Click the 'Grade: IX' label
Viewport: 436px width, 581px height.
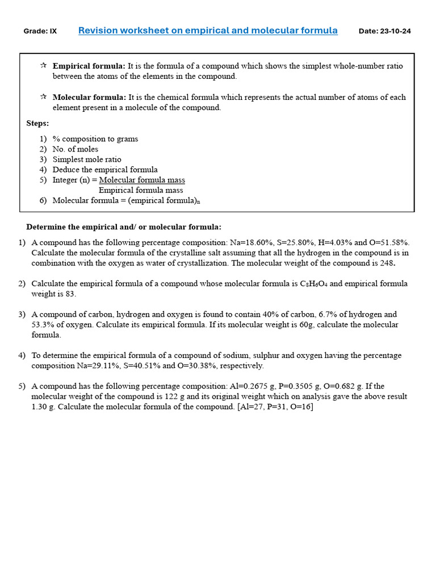point(40,31)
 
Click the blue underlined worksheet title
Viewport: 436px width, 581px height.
point(208,31)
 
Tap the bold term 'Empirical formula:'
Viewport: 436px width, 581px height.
point(89,66)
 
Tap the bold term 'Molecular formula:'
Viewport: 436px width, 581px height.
point(89,97)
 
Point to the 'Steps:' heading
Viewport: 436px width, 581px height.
point(37,123)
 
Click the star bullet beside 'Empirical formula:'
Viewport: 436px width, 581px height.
point(43,66)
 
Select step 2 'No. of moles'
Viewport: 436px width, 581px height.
point(75,149)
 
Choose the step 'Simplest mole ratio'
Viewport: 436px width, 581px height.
point(87,159)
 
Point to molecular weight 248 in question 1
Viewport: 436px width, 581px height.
point(387,263)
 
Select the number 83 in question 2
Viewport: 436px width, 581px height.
point(70,294)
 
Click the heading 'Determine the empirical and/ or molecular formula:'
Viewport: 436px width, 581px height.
point(124,227)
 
